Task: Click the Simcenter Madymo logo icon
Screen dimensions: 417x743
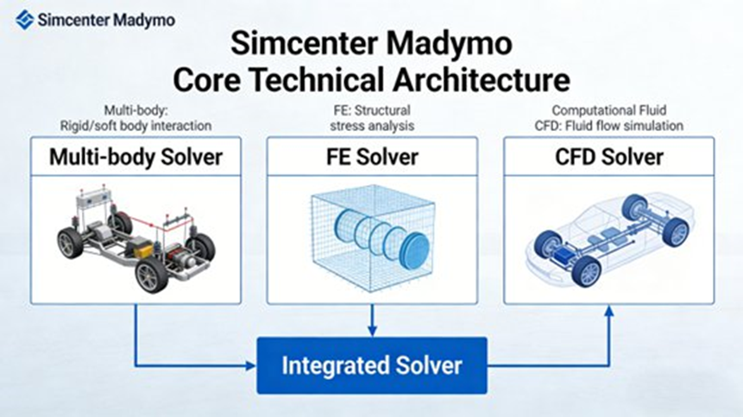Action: (x=25, y=19)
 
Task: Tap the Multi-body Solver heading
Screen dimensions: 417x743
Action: (x=135, y=157)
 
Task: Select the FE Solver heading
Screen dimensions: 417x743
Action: (x=372, y=157)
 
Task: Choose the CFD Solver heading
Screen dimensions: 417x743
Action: (x=608, y=157)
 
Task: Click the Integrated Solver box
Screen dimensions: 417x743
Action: (x=372, y=365)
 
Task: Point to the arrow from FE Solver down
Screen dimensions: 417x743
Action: (x=372, y=321)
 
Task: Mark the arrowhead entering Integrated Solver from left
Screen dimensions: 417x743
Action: (x=251, y=364)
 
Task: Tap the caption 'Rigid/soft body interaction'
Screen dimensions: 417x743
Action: (x=135, y=126)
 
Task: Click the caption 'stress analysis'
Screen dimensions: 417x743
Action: (x=372, y=126)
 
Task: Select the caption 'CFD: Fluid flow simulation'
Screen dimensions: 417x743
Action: (x=608, y=126)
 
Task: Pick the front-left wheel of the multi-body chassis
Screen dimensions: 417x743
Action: (x=152, y=275)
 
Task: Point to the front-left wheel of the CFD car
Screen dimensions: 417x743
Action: (x=588, y=271)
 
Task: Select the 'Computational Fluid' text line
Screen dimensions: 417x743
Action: (x=608, y=110)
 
